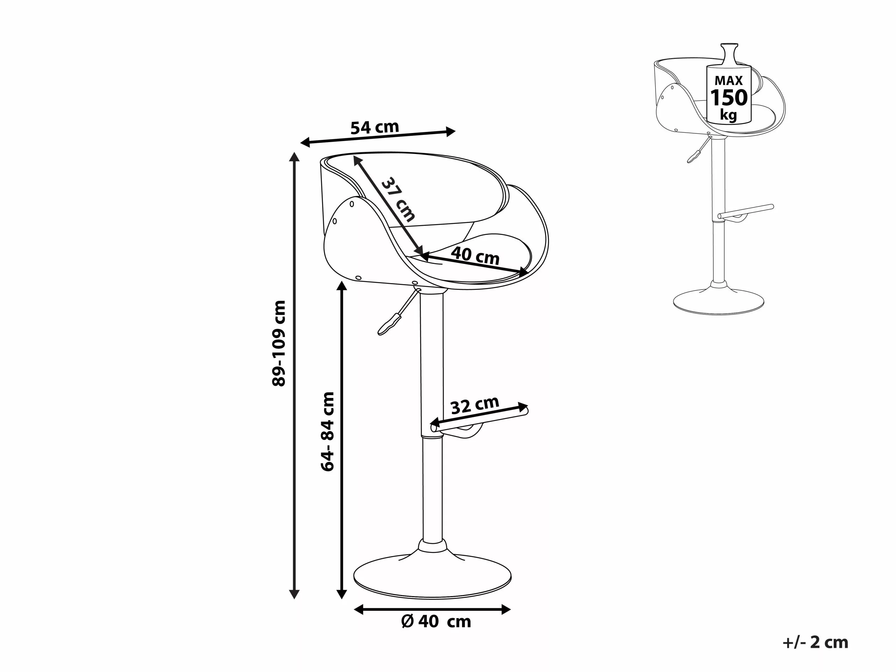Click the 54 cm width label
375,127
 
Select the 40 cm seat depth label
475,255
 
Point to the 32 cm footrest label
474,405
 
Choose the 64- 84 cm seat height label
327,432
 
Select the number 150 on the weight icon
729,98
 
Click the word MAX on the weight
729,80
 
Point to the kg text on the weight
728,115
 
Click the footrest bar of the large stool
480,420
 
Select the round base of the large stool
432,577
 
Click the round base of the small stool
718,302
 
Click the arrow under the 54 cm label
378,137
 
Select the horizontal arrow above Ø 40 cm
432,609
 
